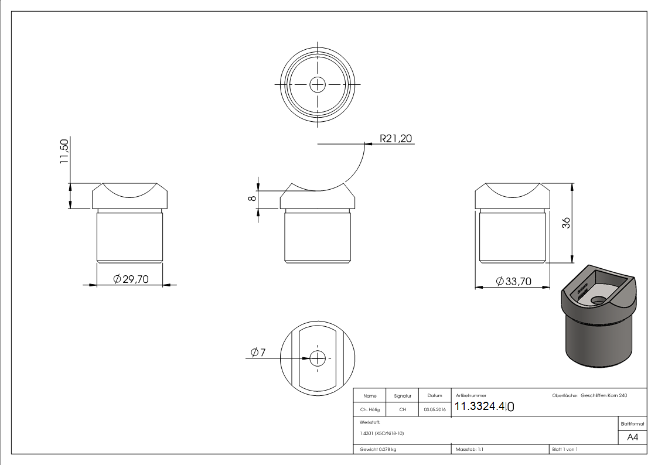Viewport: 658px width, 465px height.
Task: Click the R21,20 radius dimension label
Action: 396,138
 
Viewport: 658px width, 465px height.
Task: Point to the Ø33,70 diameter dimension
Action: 513,282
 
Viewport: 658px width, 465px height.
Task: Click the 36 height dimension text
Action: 566,223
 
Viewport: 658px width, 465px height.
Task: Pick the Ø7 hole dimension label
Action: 258,352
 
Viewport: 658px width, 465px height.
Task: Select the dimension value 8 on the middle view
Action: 252,199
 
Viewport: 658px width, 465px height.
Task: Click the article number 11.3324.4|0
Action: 484,406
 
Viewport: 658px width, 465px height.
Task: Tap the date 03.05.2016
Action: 434,410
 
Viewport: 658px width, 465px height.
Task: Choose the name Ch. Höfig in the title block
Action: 370,410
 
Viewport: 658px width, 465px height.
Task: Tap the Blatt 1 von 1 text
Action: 565,449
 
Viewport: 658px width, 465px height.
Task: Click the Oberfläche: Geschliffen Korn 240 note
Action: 589,396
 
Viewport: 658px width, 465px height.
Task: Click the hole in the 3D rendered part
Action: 598,299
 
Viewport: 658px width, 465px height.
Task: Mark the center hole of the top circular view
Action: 318,84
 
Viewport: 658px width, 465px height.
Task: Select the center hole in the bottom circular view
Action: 318,357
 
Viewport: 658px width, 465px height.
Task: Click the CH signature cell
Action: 403,410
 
